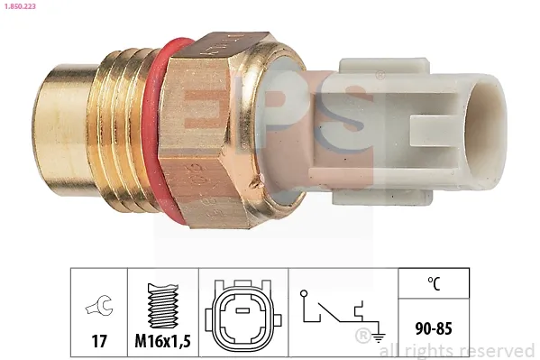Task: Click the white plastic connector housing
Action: pos(397,126)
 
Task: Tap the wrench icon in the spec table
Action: pos(98,306)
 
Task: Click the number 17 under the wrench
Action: pos(98,342)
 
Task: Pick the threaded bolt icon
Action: pos(162,306)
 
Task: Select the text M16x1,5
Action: pos(162,342)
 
